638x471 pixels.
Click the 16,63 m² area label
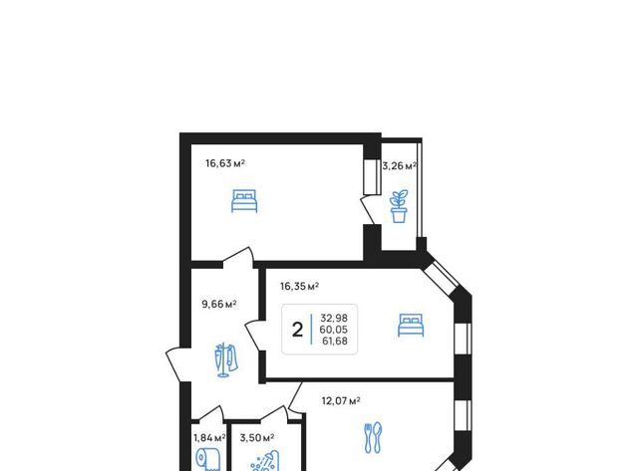pyautogui.click(x=225, y=163)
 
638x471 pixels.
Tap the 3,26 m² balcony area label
pyautogui.click(x=399, y=166)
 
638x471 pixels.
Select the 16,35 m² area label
pyautogui.click(x=299, y=287)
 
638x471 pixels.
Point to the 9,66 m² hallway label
pyautogui.click(x=219, y=304)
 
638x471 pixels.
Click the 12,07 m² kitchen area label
pyautogui.click(x=341, y=401)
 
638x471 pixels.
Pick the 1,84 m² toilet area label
pyautogui.click(x=209, y=438)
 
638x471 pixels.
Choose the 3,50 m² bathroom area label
pyautogui.click(x=257, y=438)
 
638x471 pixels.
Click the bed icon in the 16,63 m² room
pyautogui.click(x=244, y=201)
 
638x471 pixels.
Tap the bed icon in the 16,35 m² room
pyautogui.click(x=411, y=325)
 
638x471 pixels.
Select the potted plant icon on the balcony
pyautogui.click(x=399, y=206)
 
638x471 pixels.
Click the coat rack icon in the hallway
pyautogui.click(x=226, y=360)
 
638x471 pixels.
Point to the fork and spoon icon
pyautogui.click(x=373, y=438)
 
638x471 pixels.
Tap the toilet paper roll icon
pyautogui.click(x=208, y=460)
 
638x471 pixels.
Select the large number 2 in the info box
pyautogui.click(x=297, y=330)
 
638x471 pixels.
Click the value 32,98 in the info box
pyautogui.click(x=334, y=318)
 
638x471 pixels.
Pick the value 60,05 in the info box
pyautogui.click(x=334, y=330)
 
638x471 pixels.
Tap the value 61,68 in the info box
pyautogui.click(x=335, y=341)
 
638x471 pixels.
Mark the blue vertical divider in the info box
pyautogui.click(x=312, y=330)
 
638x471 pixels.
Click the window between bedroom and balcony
pyautogui.click(x=372, y=177)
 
